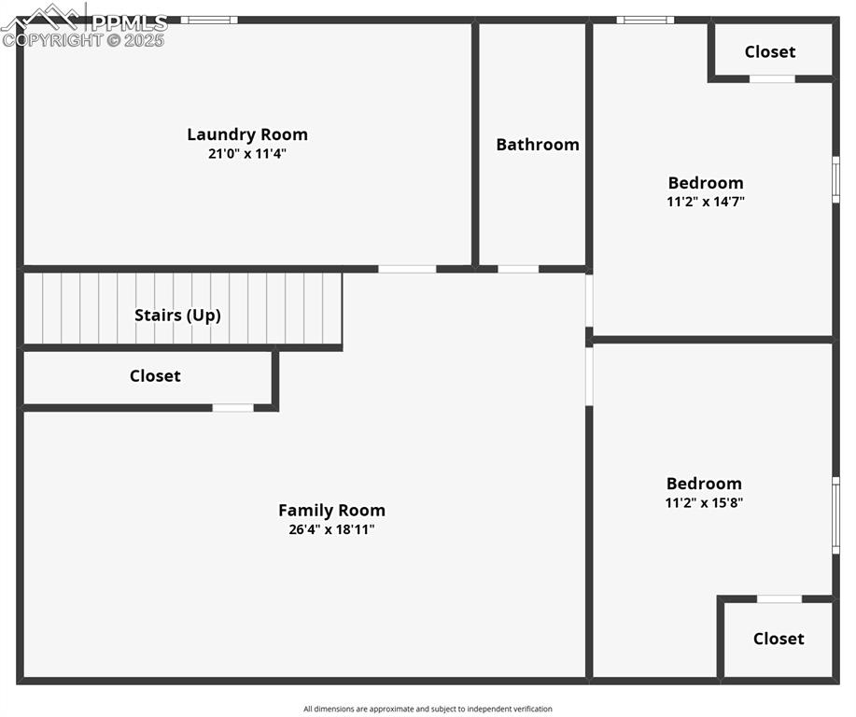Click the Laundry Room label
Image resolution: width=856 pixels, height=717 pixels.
pyautogui.click(x=247, y=134)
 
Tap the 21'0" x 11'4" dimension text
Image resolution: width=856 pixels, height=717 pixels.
pyautogui.click(x=247, y=154)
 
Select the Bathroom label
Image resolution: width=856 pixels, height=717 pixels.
pyautogui.click(x=538, y=145)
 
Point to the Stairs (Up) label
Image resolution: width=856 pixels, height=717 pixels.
pyautogui.click(x=177, y=315)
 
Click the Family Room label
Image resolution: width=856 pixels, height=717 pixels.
pyautogui.click(x=331, y=511)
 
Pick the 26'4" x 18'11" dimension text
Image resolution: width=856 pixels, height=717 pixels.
pyautogui.click(x=331, y=529)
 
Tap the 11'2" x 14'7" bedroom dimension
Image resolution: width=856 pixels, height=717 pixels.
pyautogui.click(x=706, y=201)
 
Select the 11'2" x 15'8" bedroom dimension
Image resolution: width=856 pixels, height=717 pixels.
pyautogui.click(x=704, y=502)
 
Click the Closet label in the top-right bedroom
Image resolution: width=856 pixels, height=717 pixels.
pyautogui.click(x=770, y=52)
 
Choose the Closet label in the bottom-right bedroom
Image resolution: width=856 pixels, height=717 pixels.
pyautogui.click(x=779, y=639)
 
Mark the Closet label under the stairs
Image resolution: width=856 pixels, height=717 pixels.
pyautogui.click(x=155, y=376)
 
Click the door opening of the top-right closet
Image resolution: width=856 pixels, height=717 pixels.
pyautogui.click(x=772, y=79)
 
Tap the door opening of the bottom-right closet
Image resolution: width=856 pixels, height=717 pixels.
pyautogui.click(x=779, y=598)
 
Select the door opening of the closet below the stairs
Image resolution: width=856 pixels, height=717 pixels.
pyautogui.click(x=232, y=408)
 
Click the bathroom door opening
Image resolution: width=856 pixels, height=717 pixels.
pyautogui.click(x=518, y=269)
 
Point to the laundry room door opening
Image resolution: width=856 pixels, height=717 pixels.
pyautogui.click(x=407, y=269)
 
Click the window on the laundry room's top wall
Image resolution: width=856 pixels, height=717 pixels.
pyautogui.click(x=209, y=20)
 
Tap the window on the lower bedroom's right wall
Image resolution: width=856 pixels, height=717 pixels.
pyautogui.click(x=835, y=515)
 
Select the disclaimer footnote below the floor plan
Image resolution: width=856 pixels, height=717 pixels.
pyautogui.click(x=428, y=709)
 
